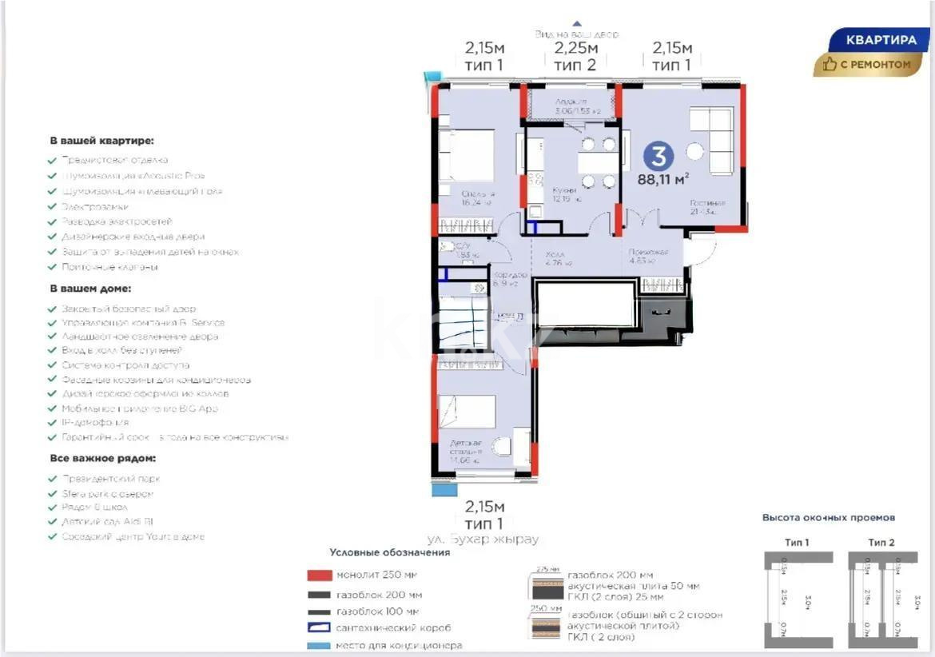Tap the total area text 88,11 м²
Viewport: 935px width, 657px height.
coord(663,180)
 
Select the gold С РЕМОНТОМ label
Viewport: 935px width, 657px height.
coord(867,64)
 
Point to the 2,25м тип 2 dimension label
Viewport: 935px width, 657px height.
coord(575,57)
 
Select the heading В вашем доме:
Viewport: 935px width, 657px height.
coord(90,289)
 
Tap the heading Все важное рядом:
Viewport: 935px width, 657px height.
coord(103,459)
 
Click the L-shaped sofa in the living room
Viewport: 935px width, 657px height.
coord(712,140)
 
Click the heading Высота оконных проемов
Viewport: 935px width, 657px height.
coord(829,517)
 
